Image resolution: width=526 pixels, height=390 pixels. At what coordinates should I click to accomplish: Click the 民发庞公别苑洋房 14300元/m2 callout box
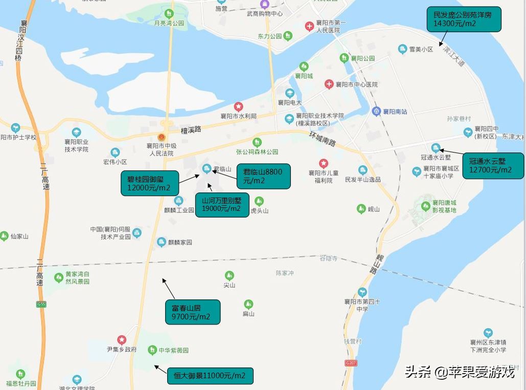[464, 20]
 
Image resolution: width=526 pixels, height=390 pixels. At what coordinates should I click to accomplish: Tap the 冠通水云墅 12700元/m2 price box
[493, 165]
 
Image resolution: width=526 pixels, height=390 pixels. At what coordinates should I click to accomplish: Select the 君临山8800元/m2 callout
[263, 176]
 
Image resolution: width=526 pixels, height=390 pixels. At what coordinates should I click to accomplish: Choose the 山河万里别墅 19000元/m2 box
[222, 204]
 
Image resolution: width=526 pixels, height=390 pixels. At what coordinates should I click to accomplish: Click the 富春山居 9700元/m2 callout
[192, 312]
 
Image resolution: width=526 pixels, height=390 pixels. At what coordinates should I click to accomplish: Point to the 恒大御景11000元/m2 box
[210, 376]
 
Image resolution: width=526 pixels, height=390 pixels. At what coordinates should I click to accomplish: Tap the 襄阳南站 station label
[395, 112]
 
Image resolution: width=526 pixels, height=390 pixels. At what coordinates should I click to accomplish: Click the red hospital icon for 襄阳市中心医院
[329, 84]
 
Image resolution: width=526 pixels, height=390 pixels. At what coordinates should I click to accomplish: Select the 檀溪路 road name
[191, 129]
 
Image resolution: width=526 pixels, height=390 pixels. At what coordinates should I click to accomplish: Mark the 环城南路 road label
[322, 138]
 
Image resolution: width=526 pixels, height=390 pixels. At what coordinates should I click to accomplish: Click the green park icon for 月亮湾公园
[169, 13]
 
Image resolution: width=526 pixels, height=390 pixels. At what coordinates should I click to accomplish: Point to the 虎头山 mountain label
[259, 210]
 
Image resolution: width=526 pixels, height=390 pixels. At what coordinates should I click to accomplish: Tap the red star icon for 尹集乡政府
[122, 339]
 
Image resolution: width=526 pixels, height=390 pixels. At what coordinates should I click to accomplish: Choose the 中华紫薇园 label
[173, 351]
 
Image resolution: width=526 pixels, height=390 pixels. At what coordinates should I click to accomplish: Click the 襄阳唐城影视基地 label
[444, 206]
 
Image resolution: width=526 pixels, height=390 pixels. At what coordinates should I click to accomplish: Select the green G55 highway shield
[41, 305]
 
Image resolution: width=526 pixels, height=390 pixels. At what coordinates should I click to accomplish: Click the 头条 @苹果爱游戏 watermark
[460, 372]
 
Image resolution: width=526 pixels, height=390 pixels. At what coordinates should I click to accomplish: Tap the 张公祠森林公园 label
[257, 151]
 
